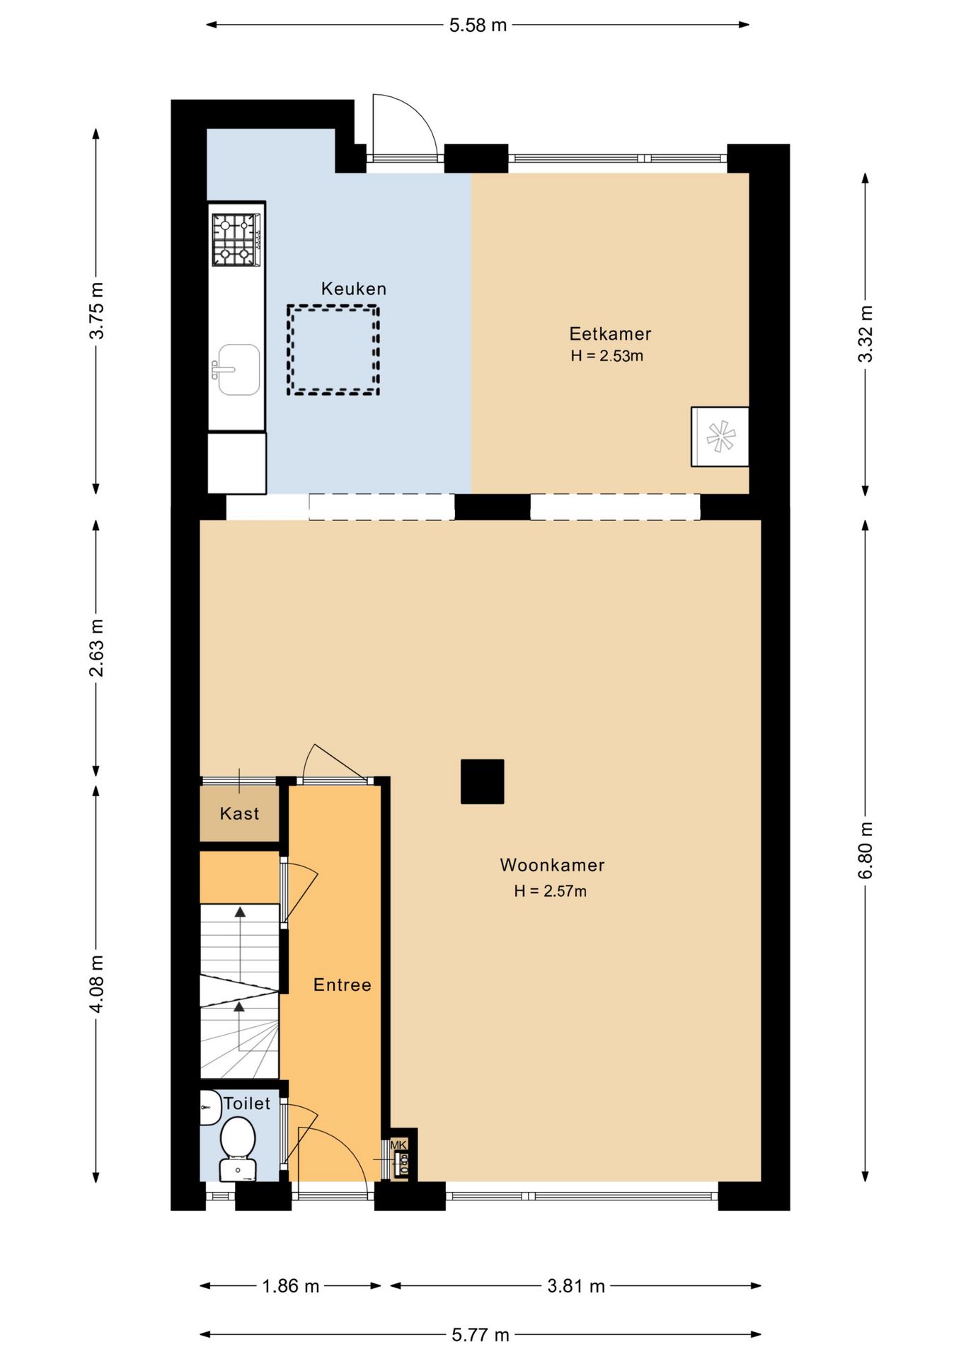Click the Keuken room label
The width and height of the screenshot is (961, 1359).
tap(354, 289)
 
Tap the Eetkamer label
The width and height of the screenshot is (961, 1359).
tap(610, 333)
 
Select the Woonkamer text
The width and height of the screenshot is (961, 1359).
tap(552, 865)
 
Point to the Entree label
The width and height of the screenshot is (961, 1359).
tap(343, 985)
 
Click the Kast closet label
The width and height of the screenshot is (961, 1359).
tap(240, 813)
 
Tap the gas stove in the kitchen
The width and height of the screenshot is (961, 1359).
tap(236, 240)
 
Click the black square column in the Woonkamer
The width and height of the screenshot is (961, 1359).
tap(483, 781)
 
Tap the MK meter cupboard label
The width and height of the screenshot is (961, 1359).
tap(398, 1145)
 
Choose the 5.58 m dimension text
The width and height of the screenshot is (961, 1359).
tap(478, 25)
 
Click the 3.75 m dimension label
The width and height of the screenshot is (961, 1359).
tap(97, 311)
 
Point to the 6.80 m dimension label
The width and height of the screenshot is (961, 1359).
tap(865, 850)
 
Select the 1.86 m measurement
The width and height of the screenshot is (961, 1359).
tap(291, 1285)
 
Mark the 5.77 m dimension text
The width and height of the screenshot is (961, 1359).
tap(480, 1334)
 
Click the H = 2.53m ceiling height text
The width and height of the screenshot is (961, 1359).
tap(607, 356)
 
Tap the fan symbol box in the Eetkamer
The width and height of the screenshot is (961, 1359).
tap(720, 436)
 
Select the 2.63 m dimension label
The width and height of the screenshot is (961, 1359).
tap(97, 648)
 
